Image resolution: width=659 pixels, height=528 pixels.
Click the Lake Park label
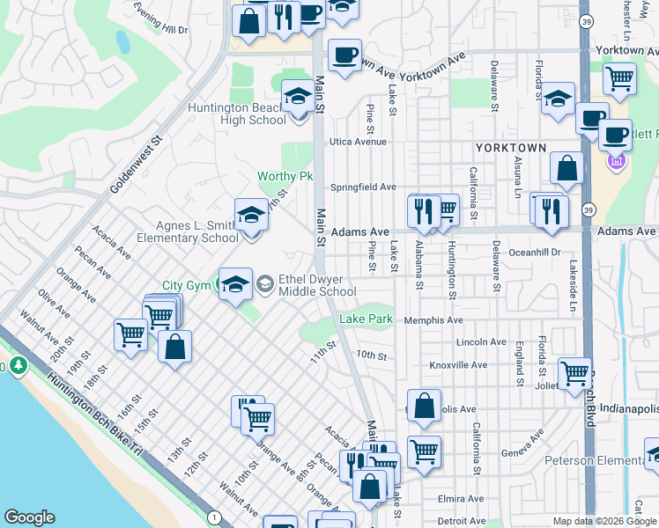367,319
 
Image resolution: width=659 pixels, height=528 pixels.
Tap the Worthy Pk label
285,176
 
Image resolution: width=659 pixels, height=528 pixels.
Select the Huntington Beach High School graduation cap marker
298,99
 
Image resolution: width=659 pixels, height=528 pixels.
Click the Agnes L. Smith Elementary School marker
251,216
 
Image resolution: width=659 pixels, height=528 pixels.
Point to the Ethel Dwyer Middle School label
317,285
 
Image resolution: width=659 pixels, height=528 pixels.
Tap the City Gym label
186,286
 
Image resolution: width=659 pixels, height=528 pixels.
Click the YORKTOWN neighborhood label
511,148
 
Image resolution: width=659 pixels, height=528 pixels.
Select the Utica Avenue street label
359,141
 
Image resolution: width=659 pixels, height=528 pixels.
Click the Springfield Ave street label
363,187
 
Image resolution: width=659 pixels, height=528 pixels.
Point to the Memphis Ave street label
433,320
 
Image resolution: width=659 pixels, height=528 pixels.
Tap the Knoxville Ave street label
458,364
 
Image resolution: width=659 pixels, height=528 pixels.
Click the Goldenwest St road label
137,165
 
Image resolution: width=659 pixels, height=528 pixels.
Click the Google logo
29,517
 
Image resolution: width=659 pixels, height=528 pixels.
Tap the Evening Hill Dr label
161,18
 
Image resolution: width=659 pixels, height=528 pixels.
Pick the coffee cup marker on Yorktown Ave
344,55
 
